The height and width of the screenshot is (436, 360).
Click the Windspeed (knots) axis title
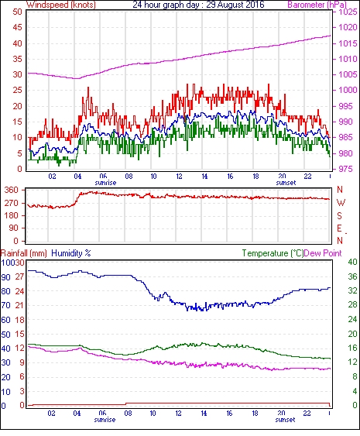click(x=61, y=5)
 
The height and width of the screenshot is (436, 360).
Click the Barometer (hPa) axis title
click(x=317, y=5)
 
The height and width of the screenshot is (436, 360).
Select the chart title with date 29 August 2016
click(x=198, y=5)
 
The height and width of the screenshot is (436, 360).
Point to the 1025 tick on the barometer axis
click(x=348, y=12)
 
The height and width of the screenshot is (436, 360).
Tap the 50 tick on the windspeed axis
click(x=17, y=12)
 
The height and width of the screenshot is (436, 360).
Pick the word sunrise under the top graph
click(x=105, y=183)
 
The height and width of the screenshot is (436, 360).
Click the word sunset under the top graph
click(x=286, y=183)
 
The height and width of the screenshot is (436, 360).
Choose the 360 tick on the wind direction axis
click(x=12, y=190)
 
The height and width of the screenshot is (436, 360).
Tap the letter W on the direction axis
click(x=341, y=203)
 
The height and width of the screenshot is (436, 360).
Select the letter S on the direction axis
click(x=339, y=215)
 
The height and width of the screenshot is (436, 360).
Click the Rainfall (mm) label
click(x=24, y=253)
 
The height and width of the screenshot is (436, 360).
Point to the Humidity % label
click(x=71, y=253)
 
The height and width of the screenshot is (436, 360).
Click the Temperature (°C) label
click(x=273, y=253)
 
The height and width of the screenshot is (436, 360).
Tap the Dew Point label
click(x=323, y=253)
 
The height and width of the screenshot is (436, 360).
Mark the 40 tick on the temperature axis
click(x=352, y=262)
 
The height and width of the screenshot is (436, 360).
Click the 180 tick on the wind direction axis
click(x=12, y=215)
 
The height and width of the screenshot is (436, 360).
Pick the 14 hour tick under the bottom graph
click(x=204, y=414)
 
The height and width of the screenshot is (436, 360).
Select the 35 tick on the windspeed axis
click(x=17, y=59)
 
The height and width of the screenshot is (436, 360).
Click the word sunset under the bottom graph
click(x=285, y=420)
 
